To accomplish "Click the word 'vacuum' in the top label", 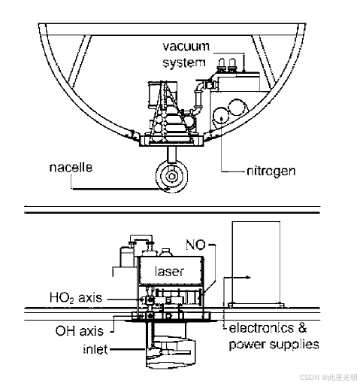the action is click(x=186, y=47).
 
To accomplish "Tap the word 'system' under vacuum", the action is click(x=184, y=62).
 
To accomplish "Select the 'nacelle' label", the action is click(x=71, y=167).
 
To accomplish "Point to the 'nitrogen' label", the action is click(x=271, y=171).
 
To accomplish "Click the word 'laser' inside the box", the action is click(x=170, y=272).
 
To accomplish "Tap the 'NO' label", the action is click(x=195, y=245).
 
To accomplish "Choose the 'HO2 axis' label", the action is click(x=76, y=298).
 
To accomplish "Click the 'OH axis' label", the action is click(x=80, y=331).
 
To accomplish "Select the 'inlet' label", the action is click(x=95, y=349).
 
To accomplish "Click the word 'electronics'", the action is click(x=262, y=328).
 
